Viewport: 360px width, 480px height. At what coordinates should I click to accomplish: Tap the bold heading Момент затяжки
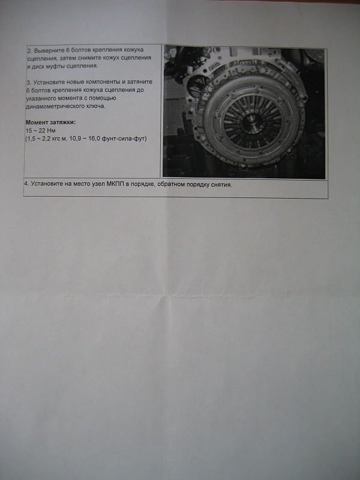(50, 122)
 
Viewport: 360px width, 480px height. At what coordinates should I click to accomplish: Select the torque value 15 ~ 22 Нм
(41, 131)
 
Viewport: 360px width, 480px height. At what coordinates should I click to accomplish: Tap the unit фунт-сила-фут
(131, 139)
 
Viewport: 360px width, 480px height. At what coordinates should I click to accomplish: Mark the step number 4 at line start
(26, 184)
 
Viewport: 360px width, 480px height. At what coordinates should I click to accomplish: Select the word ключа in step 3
(97, 107)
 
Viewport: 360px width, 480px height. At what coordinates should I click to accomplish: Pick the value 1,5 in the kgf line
(31, 139)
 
